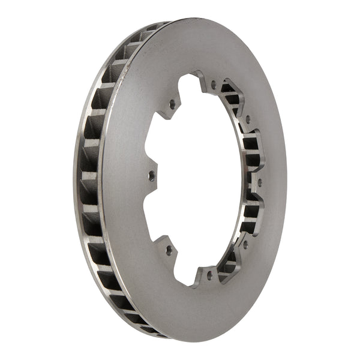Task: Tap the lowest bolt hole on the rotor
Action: [209, 274]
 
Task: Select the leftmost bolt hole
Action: [151, 176]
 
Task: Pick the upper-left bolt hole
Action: [172, 104]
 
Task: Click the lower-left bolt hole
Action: [169, 248]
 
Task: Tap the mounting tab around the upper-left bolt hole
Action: [170, 106]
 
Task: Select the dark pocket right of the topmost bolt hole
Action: [229, 90]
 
